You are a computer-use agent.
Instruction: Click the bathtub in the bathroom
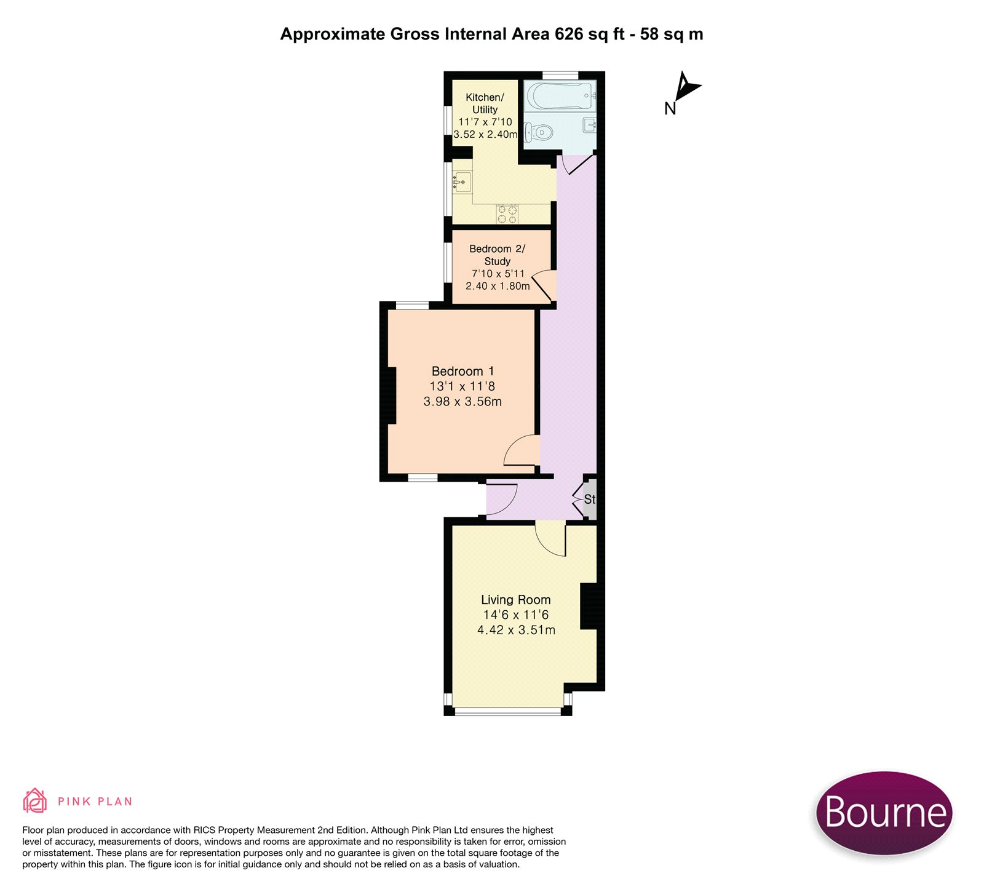point(560,96)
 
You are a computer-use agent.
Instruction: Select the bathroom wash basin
point(590,125)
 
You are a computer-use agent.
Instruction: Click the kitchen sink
point(462,183)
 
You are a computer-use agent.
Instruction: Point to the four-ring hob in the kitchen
point(507,214)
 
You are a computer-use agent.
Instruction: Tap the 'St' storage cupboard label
point(590,499)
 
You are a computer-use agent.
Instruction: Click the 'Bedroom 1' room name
point(462,371)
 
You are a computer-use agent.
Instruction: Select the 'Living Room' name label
point(516,599)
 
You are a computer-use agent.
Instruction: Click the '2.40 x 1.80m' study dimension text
point(498,286)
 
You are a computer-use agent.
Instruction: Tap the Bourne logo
point(884,813)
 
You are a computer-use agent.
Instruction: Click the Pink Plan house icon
point(35,800)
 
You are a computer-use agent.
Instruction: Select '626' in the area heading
point(569,34)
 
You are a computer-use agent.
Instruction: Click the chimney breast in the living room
point(589,606)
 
